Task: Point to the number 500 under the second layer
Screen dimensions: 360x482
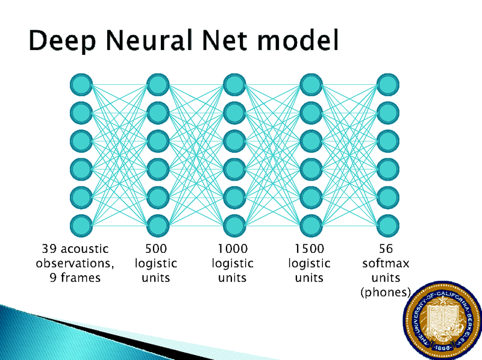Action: point(156,248)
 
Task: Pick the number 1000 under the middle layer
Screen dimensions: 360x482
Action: point(233,248)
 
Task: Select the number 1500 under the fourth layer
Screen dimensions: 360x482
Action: point(309,248)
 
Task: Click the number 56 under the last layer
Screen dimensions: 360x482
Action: point(386,248)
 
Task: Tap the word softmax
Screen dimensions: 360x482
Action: point(386,263)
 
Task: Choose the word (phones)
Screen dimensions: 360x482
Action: point(386,293)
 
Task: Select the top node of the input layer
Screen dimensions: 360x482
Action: point(80,84)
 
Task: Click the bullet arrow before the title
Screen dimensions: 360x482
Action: point(19,42)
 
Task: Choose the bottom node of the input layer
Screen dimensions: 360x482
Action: point(80,225)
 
